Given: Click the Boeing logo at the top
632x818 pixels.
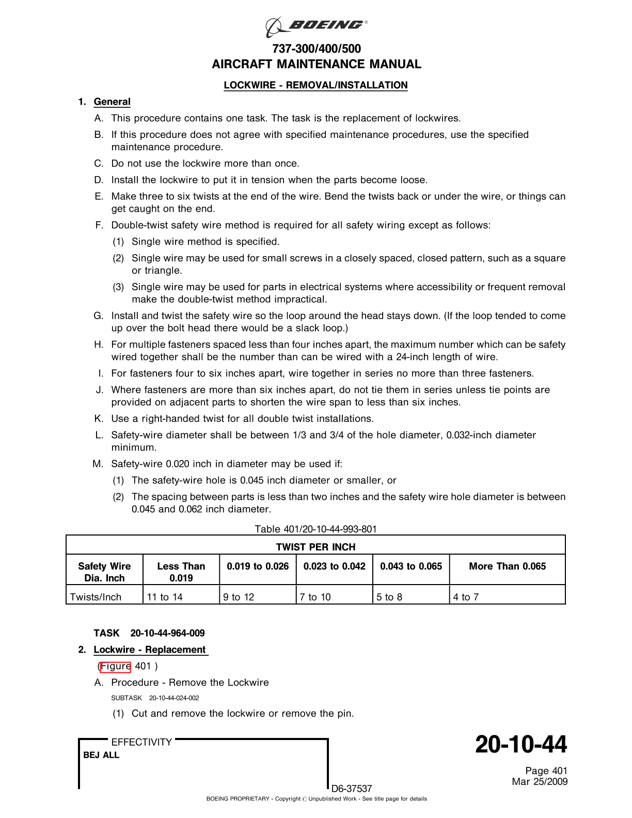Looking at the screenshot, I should pyautogui.click(x=316, y=26).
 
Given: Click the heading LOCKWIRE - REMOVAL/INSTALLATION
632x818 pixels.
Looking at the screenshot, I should pyautogui.click(x=315, y=85).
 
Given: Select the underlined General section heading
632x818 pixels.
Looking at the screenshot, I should pyautogui.click(x=112, y=102).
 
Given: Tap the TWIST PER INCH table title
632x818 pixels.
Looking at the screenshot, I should pyautogui.click(x=315, y=547).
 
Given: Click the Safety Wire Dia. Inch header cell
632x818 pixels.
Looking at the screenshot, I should pyautogui.click(x=104, y=572).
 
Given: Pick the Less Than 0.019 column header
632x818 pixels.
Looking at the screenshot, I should pyautogui.click(x=181, y=572).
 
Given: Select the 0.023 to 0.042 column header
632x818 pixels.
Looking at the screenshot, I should pyautogui.click(x=334, y=566).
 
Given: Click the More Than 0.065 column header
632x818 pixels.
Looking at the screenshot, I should pyautogui.click(x=507, y=566).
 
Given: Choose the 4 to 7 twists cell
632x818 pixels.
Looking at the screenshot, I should pyautogui.click(x=466, y=597).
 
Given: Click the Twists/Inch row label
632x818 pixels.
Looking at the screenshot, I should pyautogui.click(x=96, y=597).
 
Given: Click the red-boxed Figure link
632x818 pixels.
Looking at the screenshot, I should pyautogui.click(x=116, y=666).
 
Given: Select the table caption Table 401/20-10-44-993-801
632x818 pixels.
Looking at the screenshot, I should pyautogui.click(x=315, y=529).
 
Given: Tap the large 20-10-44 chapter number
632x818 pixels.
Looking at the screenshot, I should pyautogui.click(x=520, y=745).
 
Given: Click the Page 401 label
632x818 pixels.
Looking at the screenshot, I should pyautogui.click(x=546, y=771).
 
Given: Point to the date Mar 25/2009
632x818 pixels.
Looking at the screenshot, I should pyautogui.click(x=540, y=782).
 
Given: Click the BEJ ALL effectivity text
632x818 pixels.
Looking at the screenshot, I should pyautogui.click(x=101, y=755).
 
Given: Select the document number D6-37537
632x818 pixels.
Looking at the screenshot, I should pyautogui.click(x=352, y=789).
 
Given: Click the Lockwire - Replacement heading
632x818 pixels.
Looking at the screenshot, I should pyautogui.click(x=150, y=650).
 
